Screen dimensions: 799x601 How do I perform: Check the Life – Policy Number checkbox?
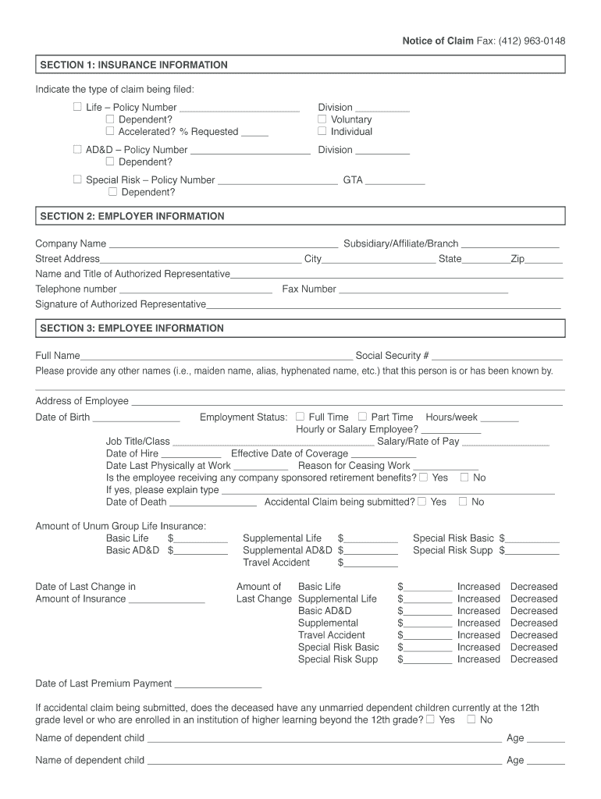pyautogui.click(x=77, y=107)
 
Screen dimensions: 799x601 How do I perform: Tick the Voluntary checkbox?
pyautogui.click(x=322, y=119)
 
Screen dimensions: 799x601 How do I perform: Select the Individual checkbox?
pyautogui.click(x=322, y=131)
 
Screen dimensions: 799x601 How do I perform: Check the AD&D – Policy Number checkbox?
pyautogui.click(x=77, y=149)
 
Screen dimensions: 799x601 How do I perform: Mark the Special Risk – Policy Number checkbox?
pyautogui.click(x=77, y=179)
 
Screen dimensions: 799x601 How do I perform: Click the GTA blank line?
pyautogui.click(x=395, y=180)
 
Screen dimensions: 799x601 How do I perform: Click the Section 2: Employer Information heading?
pyautogui.click(x=132, y=216)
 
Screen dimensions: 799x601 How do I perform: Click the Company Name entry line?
pyautogui.click(x=222, y=244)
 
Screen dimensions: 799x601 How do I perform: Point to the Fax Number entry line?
pyautogui.click(x=423, y=289)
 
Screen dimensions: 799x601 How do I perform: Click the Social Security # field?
pyautogui.click(x=497, y=356)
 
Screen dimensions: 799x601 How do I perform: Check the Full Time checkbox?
pyautogui.click(x=300, y=417)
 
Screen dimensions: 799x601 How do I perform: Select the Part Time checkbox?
pyautogui.click(x=362, y=417)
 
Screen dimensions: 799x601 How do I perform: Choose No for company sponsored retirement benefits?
pyautogui.click(x=464, y=477)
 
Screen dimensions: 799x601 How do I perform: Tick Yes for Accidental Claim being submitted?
pyautogui.click(x=421, y=502)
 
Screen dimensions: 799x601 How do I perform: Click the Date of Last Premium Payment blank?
pyautogui.click(x=212, y=684)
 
